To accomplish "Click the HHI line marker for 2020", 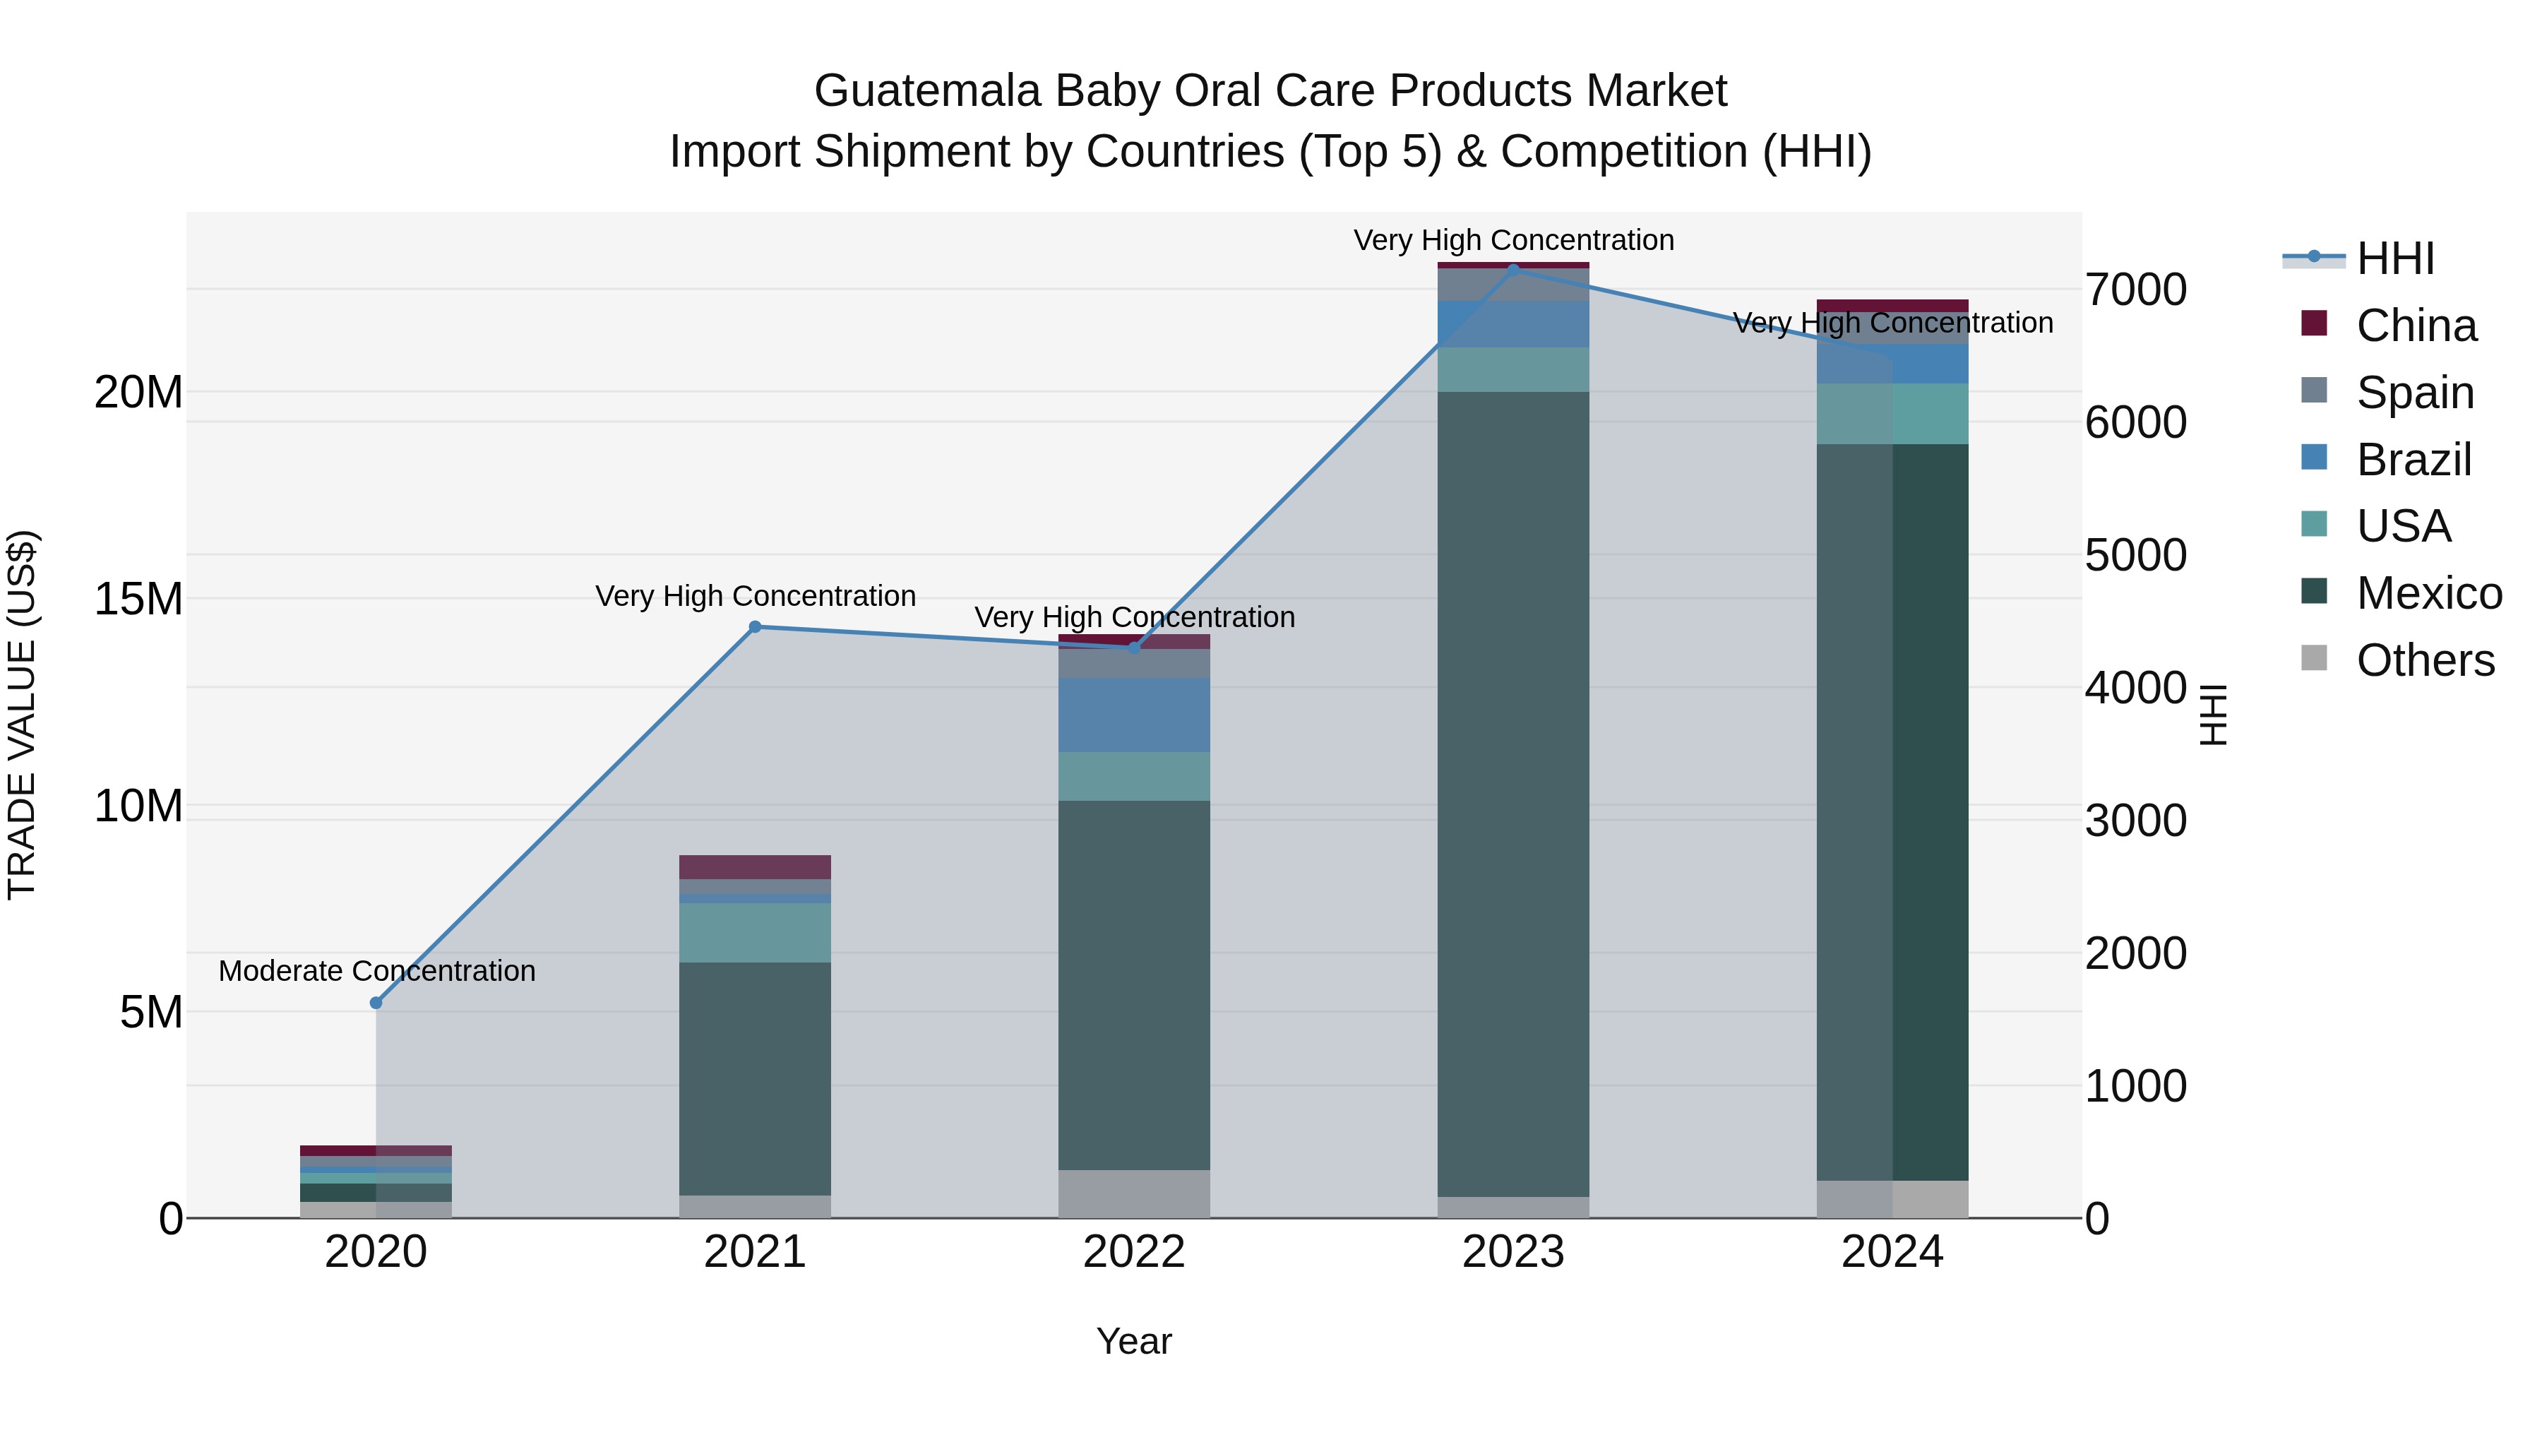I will click(x=376, y=1003).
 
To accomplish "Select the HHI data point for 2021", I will click(x=755, y=626).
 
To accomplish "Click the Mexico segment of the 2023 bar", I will click(x=1512, y=790).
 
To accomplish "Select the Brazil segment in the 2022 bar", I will click(x=1134, y=715).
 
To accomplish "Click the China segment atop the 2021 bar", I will click(x=755, y=866).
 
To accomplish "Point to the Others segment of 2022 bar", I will click(x=1134, y=1193).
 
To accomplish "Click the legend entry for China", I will click(x=2415, y=326).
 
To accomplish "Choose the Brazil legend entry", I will click(x=2413, y=460).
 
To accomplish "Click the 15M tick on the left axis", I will click(x=138, y=599).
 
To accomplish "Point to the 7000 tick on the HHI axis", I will click(x=2135, y=290).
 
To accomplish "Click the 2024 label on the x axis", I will click(x=1892, y=1252).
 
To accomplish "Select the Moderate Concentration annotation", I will click(x=377, y=971).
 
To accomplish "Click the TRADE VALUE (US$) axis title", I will click(x=22, y=715).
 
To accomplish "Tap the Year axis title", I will click(x=1134, y=1341).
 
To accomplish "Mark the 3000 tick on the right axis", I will click(x=2135, y=821).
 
